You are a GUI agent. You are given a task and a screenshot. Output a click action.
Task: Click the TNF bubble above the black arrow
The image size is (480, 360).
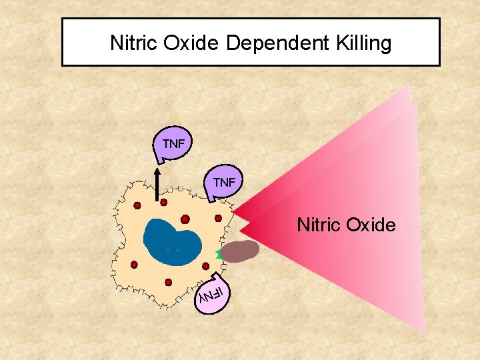pos(173,144)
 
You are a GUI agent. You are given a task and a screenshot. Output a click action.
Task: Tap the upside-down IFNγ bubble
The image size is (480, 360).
pos(214,292)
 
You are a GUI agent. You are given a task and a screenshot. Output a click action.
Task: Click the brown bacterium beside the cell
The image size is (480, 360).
pos(240,252)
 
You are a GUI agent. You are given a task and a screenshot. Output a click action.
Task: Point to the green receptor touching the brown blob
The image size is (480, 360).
pos(219,254)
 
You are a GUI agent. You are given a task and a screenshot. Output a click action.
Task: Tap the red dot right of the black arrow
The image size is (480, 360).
pos(163,201)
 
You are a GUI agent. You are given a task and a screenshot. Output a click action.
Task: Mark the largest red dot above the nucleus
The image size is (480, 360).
pos(185,219)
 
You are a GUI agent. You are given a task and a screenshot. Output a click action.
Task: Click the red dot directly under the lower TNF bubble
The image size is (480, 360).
pos(218,217)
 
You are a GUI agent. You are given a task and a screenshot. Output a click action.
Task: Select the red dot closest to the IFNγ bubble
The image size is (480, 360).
pos(205,266)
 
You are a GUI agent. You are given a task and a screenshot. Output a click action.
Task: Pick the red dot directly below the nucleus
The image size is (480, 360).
pos(168,282)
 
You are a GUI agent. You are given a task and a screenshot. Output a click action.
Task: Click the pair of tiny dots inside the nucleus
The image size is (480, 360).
pos(173,250)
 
